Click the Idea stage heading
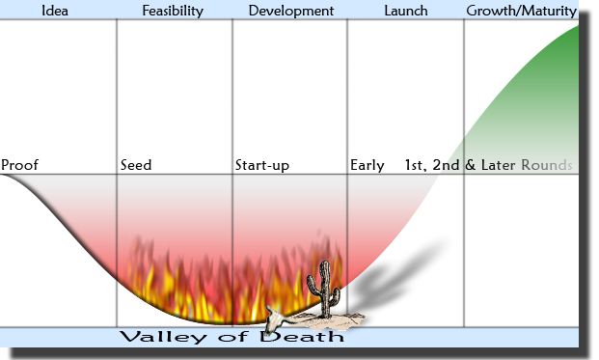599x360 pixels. (55, 11)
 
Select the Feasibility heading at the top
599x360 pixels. (173, 11)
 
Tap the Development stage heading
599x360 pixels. (291, 11)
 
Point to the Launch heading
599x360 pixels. (406, 11)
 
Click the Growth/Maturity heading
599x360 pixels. (522, 11)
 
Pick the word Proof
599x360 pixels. (19, 165)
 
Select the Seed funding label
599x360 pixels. (136, 165)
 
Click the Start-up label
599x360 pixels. (262, 165)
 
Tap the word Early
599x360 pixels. (368, 165)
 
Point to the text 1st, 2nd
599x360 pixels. (432, 165)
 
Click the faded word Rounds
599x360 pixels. (547, 165)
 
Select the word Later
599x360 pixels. (498, 165)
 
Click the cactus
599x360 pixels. (324, 290)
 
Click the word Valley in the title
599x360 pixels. (163, 337)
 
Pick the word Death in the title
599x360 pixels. (302, 336)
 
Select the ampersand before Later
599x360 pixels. (471, 165)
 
